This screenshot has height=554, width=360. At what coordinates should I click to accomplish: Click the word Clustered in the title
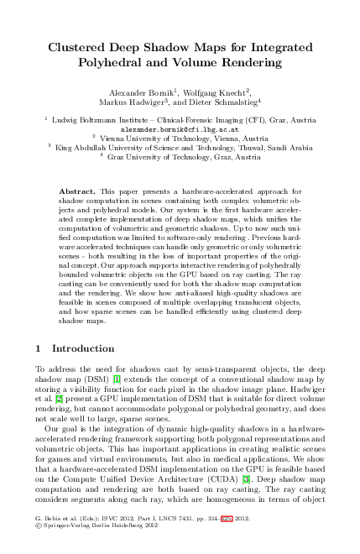(80, 48)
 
